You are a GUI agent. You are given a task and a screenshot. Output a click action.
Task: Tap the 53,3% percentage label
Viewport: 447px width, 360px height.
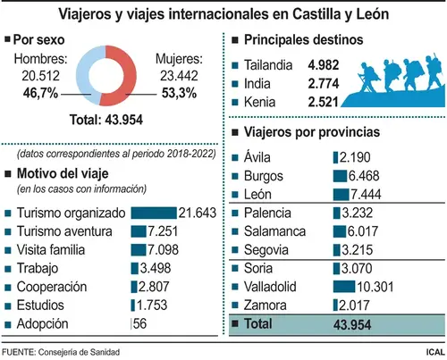pyautogui.click(x=179, y=93)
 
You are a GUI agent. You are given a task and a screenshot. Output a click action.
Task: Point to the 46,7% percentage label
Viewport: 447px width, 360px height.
pyautogui.click(x=40, y=93)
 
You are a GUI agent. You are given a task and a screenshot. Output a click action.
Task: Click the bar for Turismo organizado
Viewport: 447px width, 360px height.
pyautogui.click(x=154, y=213)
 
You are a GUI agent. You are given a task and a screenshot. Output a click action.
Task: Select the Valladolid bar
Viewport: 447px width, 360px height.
pyautogui.click(x=344, y=287)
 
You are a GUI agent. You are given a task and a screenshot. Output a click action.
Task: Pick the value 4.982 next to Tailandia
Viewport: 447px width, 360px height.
pyautogui.click(x=324, y=65)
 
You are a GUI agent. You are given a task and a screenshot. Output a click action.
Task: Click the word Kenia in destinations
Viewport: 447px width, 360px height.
pyautogui.click(x=259, y=102)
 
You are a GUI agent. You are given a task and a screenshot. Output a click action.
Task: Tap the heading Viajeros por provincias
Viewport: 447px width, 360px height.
pyautogui.click(x=312, y=132)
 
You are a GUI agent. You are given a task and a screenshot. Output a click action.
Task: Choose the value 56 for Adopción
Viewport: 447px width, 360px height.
pyautogui.click(x=139, y=323)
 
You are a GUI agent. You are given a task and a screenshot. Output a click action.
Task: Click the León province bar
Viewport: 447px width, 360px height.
pyautogui.click(x=341, y=195)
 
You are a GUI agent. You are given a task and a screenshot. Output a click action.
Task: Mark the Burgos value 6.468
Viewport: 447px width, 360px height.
pyautogui.click(x=364, y=176)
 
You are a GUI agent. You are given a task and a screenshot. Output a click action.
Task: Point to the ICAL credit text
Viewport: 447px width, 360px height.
pyautogui.click(x=435, y=352)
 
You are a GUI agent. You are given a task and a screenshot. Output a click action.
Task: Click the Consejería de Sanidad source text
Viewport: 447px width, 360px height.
pyautogui.click(x=79, y=352)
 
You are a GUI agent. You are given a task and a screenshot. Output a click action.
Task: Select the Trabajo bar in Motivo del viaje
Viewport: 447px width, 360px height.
pyautogui.click(x=134, y=268)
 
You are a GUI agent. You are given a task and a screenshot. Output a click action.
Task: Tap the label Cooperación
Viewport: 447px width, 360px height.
pyautogui.click(x=52, y=287)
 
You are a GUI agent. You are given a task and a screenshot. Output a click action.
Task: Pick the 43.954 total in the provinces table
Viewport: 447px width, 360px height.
pyautogui.click(x=352, y=324)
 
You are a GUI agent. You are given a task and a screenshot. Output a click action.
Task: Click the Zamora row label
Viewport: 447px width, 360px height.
pyautogui.click(x=265, y=306)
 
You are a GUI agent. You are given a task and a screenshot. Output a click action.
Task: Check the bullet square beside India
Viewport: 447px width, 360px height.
pyautogui.click(x=235, y=84)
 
